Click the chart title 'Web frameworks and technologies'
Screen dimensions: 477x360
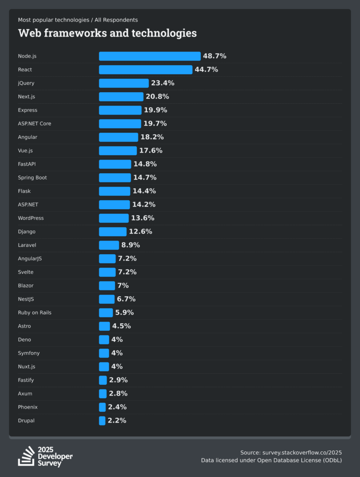pos(107,33)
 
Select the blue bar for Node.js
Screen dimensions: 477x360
pos(149,56)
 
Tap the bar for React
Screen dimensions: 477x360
pos(145,69)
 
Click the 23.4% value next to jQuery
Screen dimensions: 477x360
pos(163,83)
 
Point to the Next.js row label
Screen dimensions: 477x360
pos(27,96)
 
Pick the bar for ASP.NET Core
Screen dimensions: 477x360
pos(120,123)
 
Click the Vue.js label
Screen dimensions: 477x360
pos(25,150)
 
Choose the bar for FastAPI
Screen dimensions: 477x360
pos(115,164)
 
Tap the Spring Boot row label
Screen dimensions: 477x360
pos(33,177)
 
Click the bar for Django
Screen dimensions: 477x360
pos(113,232)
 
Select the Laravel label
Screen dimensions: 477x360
pos(27,245)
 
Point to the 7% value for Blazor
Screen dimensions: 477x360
pos(123,286)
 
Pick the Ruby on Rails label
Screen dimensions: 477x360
pos(35,313)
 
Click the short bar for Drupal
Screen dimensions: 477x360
pos(102,421)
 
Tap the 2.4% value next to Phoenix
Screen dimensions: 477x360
pos(117,407)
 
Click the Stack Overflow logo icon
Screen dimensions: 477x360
pos(26,456)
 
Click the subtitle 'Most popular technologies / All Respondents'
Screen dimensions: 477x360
pos(78,20)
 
